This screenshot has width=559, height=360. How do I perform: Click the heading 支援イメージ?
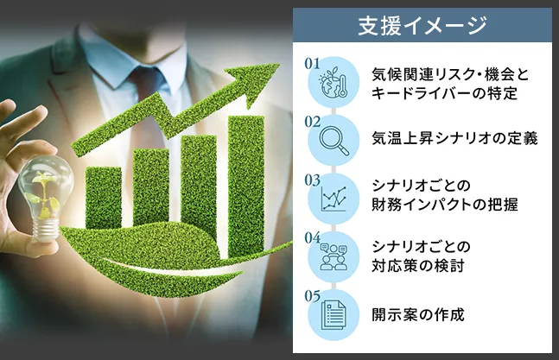[x=422, y=25]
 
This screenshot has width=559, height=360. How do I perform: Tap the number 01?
[x=312, y=64]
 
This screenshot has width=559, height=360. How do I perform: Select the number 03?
[x=312, y=180]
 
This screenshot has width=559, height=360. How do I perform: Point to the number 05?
[x=312, y=296]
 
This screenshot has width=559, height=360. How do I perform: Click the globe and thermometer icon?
[x=333, y=82]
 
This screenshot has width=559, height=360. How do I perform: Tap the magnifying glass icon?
[x=333, y=141]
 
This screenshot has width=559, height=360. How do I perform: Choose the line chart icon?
[x=333, y=199]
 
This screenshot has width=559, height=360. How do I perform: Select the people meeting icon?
[x=333, y=256]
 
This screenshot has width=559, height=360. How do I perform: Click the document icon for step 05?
[x=333, y=315]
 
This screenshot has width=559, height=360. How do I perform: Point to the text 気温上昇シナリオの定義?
[x=454, y=138]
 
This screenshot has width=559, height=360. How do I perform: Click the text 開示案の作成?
[x=418, y=315]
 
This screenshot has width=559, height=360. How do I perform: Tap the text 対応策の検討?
[x=418, y=266]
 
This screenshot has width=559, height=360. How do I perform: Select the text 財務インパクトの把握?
[x=445, y=205]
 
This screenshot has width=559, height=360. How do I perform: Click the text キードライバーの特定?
[x=444, y=93]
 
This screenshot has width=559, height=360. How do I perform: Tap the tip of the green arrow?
[x=279, y=64]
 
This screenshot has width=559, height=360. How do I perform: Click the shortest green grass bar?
[x=104, y=198]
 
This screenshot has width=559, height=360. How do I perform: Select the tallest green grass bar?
[x=246, y=185]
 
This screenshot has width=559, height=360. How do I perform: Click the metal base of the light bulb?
[x=46, y=230]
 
